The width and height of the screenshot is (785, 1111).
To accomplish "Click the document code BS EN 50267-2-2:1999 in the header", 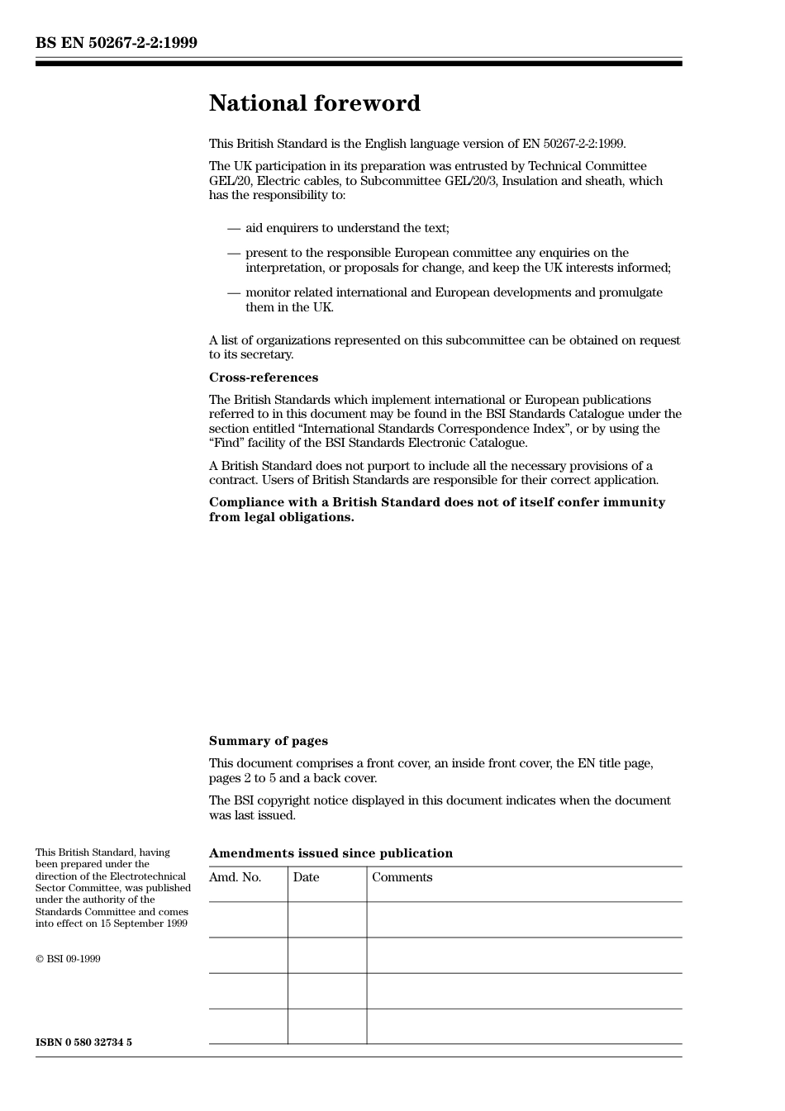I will (117, 43).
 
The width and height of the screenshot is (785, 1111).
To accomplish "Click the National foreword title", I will (314, 103).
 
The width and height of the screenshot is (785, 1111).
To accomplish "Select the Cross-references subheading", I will (263, 377).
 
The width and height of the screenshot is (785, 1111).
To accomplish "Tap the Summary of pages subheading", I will (268, 741).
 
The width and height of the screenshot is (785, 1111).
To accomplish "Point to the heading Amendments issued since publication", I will (331, 853).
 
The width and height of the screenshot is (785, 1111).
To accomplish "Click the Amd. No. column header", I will (235, 877).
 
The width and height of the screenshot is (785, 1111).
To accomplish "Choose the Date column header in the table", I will (306, 877).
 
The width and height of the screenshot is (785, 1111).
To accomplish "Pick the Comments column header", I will (402, 877).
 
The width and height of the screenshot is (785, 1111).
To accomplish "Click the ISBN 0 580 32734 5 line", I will (83, 1042).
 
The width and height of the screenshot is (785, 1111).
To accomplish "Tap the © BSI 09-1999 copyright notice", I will (68, 959).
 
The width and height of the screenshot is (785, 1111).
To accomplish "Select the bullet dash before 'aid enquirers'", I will (234, 228).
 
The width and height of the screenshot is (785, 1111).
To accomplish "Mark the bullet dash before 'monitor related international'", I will (234, 292).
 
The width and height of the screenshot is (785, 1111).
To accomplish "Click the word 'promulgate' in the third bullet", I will (632, 292).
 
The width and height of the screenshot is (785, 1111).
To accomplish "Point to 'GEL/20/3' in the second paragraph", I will (471, 181).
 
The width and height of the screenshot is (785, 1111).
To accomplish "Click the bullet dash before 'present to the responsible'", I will (234, 253).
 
